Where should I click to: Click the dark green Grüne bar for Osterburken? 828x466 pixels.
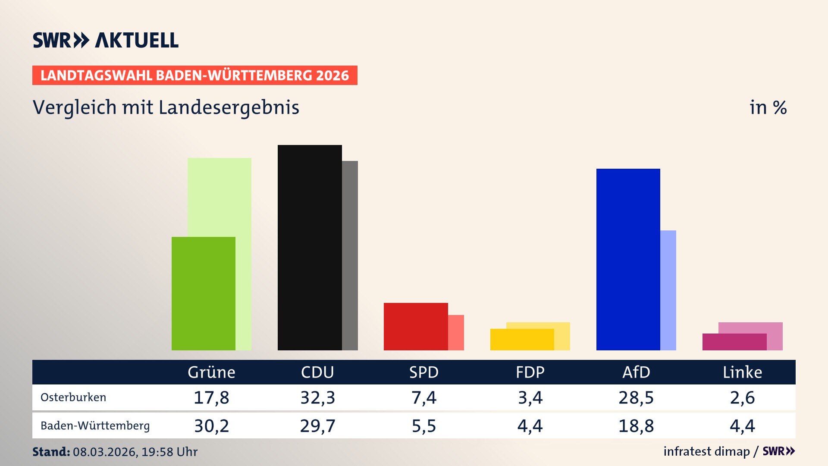pos(204,293)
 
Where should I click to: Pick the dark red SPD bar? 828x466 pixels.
pos(416,326)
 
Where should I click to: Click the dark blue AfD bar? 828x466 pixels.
pos(628,259)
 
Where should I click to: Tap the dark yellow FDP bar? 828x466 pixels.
pos(522,340)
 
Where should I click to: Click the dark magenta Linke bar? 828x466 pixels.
pos(734,342)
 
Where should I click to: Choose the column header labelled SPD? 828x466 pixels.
pos(423,372)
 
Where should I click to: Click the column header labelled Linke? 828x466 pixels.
pos(742,372)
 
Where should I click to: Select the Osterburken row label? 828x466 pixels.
pos(73,397)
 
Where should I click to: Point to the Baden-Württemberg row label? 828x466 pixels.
pos(95,426)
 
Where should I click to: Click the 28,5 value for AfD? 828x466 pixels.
pos(636,397)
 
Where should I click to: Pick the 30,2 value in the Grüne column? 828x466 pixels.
pos(211,426)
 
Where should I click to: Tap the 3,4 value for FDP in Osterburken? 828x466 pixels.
pos(530,397)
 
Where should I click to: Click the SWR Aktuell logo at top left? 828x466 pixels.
pos(106,40)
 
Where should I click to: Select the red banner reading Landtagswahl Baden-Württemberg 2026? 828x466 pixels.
pos(194,76)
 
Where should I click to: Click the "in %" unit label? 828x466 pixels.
pos(768,107)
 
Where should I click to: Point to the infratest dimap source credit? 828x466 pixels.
pos(706,451)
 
